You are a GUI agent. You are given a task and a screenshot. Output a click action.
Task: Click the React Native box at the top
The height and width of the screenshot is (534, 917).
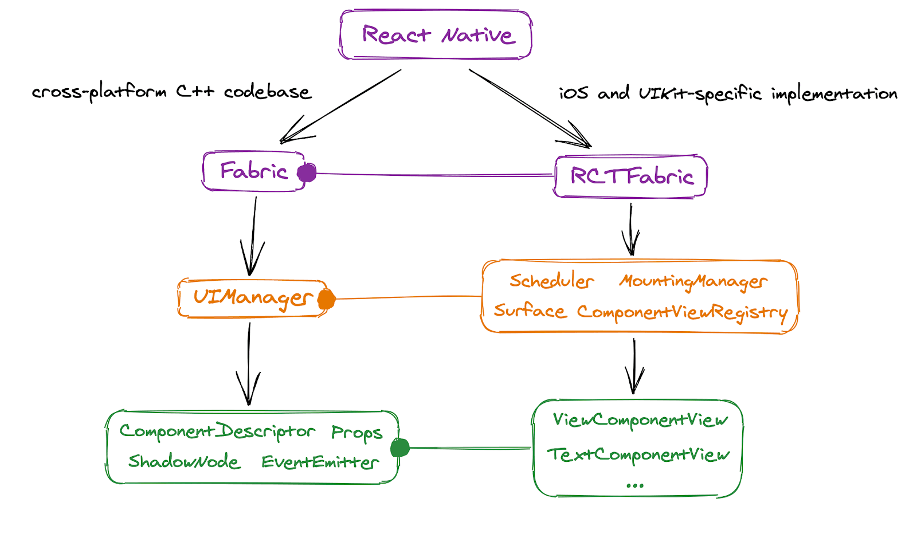click(x=436, y=35)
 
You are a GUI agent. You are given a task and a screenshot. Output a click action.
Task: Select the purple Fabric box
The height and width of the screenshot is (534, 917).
click(x=253, y=171)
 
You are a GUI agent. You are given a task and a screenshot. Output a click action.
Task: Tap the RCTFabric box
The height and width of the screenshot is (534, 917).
click(x=631, y=176)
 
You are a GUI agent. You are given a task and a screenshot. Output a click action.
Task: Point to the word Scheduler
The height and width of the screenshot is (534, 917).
click(x=551, y=281)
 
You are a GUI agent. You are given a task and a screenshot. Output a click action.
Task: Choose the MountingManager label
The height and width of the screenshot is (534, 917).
click(x=693, y=281)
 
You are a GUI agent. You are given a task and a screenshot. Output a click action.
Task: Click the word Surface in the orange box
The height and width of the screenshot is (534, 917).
click(x=530, y=311)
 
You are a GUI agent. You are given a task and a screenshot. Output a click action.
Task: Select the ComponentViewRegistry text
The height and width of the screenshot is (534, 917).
click(x=682, y=312)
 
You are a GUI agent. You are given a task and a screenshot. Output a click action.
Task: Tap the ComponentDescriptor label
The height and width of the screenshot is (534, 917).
click(x=217, y=431)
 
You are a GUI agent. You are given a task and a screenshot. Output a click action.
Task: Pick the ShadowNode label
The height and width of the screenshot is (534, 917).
click(x=184, y=461)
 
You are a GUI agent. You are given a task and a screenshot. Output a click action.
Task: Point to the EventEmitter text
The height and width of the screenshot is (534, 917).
click(x=320, y=462)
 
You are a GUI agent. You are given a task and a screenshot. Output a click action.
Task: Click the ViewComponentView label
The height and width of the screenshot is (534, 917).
click(x=640, y=420)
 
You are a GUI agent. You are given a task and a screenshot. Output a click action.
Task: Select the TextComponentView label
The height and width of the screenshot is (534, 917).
click(x=638, y=455)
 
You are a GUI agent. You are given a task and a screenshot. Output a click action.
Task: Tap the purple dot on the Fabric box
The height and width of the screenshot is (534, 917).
click(x=307, y=172)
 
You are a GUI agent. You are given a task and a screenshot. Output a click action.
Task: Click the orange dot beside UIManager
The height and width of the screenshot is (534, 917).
click(x=326, y=299)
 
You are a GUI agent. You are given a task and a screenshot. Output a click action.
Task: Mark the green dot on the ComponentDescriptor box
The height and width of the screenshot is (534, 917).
click(x=399, y=447)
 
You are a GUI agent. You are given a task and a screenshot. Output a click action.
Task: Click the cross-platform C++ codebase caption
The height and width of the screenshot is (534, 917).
click(x=171, y=92)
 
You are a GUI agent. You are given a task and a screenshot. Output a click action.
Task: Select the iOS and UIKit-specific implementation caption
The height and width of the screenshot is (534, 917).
click(x=728, y=93)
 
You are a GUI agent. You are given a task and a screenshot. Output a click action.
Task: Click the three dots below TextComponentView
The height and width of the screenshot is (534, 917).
click(x=635, y=485)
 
